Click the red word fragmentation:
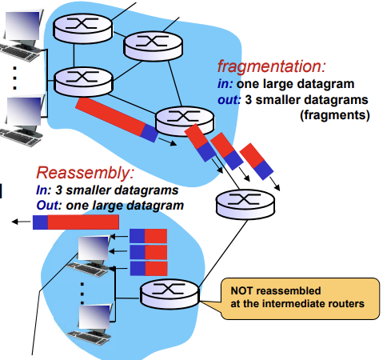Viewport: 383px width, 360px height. click(271, 66)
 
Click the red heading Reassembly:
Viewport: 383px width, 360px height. click(85, 173)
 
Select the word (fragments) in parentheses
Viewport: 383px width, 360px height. click(335, 115)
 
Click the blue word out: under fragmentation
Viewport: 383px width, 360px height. click(229, 100)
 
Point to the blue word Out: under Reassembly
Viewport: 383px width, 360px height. click(49, 206)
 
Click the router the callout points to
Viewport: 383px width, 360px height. click(170, 294)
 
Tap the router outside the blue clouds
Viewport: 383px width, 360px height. click(245, 204)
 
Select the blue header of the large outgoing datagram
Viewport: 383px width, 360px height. click(150, 133)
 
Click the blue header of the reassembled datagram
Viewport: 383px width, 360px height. click(40, 222)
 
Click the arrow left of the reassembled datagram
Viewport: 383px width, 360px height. click(22, 222)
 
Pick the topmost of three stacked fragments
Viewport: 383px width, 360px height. click(148, 236)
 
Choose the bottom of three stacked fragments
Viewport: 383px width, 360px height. click(149, 269)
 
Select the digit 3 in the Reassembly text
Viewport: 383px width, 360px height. click(58, 190)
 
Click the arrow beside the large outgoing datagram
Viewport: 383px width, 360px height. click(168, 142)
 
